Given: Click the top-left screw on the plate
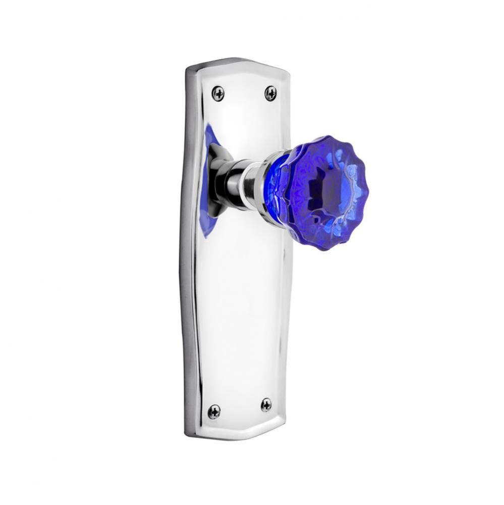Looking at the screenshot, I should (x=218, y=93).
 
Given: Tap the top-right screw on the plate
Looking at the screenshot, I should (x=271, y=93).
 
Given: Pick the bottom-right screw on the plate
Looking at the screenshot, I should (x=266, y=404).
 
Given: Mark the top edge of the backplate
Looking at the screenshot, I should (x=237, y=62).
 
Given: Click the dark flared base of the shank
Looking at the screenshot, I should (x=217, y=182).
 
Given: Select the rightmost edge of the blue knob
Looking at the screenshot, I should (x=368, y=192).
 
